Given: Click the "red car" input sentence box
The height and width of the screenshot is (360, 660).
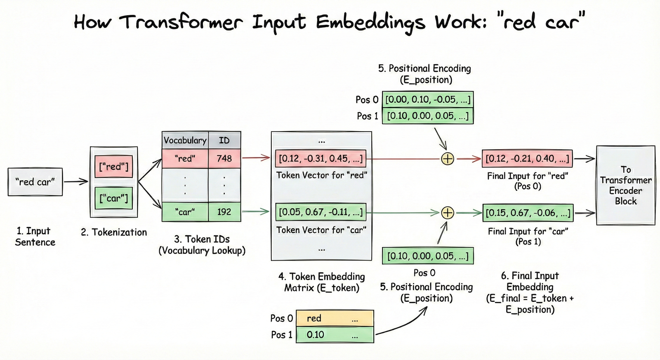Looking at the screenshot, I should point(35,182).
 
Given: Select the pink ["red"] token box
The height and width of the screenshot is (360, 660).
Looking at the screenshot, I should point(114,167).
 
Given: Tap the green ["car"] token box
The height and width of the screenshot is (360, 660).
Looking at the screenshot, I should point(114,198).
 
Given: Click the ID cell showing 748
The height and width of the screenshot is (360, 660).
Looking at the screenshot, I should point(224,158).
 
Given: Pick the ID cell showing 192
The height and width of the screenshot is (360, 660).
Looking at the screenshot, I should point(224,212).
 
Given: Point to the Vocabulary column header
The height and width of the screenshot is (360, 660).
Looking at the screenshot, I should point(185,140).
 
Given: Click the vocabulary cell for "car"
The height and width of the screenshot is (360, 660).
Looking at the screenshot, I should point(185,212).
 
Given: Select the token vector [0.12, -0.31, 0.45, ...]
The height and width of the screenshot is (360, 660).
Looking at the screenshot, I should point(321,158).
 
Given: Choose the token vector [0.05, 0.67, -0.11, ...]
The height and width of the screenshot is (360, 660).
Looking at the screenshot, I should point(321,212).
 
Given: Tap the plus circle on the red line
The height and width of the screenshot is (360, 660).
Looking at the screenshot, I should point(448,159).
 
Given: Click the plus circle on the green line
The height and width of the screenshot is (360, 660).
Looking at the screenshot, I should point(448,213).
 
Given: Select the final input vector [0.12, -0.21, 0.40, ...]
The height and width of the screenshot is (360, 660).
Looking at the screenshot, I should point(527,158).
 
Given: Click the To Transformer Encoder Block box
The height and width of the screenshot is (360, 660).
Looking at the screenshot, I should point(625,185).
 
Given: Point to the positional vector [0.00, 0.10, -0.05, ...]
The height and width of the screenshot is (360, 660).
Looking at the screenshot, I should point(428,100).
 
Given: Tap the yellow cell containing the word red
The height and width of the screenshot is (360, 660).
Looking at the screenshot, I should point(335,318).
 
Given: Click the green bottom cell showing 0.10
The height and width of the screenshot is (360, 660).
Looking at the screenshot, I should point(335,334).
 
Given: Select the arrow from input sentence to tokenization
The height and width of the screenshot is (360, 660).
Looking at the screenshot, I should point(76,181).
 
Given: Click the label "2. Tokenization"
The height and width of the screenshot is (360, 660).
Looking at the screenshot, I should point(114,232).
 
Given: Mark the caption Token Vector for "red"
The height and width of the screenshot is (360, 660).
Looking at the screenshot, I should point(321,175).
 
